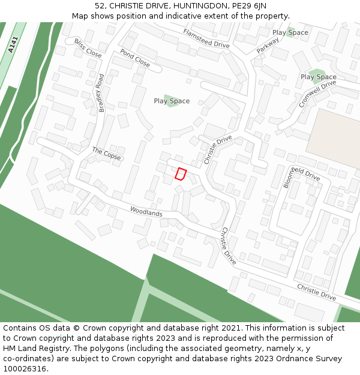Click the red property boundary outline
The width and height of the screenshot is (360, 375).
[180, 174]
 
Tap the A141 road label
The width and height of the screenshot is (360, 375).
[13, 46]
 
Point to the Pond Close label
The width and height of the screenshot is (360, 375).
[135, 58]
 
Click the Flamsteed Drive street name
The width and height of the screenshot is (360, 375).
[206, 38]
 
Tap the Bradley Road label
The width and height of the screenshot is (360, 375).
[101, 93]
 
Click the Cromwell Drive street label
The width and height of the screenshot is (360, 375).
[317, 94]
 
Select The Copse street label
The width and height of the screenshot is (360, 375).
[106, 154]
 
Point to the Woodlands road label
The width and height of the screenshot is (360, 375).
[146, 211]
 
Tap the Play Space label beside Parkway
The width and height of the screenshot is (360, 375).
[290, 32]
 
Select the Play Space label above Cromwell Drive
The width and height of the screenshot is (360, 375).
[319, 77]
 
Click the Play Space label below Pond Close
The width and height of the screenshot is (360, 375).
[172, 101]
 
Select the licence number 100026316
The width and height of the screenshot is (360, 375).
[24, 369]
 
